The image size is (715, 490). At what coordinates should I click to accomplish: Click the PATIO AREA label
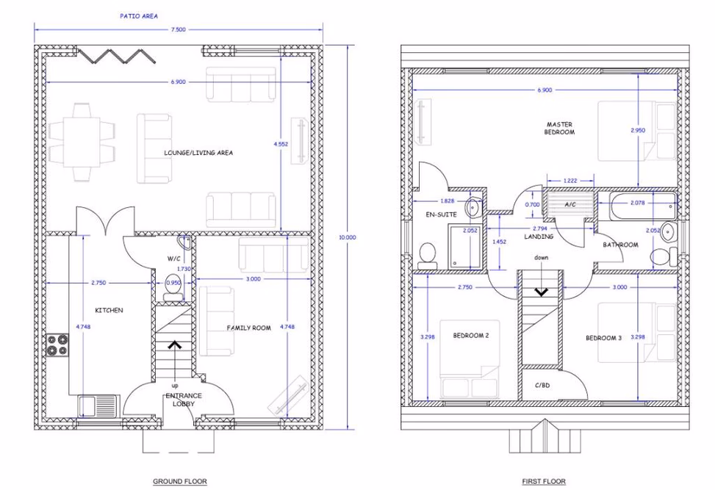pos(139,15)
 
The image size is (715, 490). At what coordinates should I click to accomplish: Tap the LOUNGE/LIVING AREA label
pos(198,153)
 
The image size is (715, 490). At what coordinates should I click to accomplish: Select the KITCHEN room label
pos(109,310)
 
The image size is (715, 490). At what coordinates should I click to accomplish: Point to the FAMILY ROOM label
pos(249,328)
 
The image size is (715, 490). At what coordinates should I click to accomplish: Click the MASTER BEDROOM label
pos(559,129)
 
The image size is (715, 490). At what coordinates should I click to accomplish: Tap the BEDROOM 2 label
pos(471,336)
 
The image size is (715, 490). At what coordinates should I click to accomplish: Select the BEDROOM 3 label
pos(603,338)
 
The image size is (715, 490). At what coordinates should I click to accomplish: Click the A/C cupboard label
pos(571,204)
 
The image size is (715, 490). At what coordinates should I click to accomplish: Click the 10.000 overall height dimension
pos(347,237)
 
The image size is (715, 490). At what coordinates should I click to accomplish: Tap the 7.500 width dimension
pos(178,29)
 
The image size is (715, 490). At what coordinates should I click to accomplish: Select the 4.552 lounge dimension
pos(281,145)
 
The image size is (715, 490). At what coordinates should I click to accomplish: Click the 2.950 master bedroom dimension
pos(638,130)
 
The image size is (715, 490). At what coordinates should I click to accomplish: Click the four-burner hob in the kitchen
pos(59,345)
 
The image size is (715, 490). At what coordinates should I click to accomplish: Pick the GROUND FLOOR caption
pos(179,482)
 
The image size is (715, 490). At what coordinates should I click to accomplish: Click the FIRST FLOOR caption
pos(544,482)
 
